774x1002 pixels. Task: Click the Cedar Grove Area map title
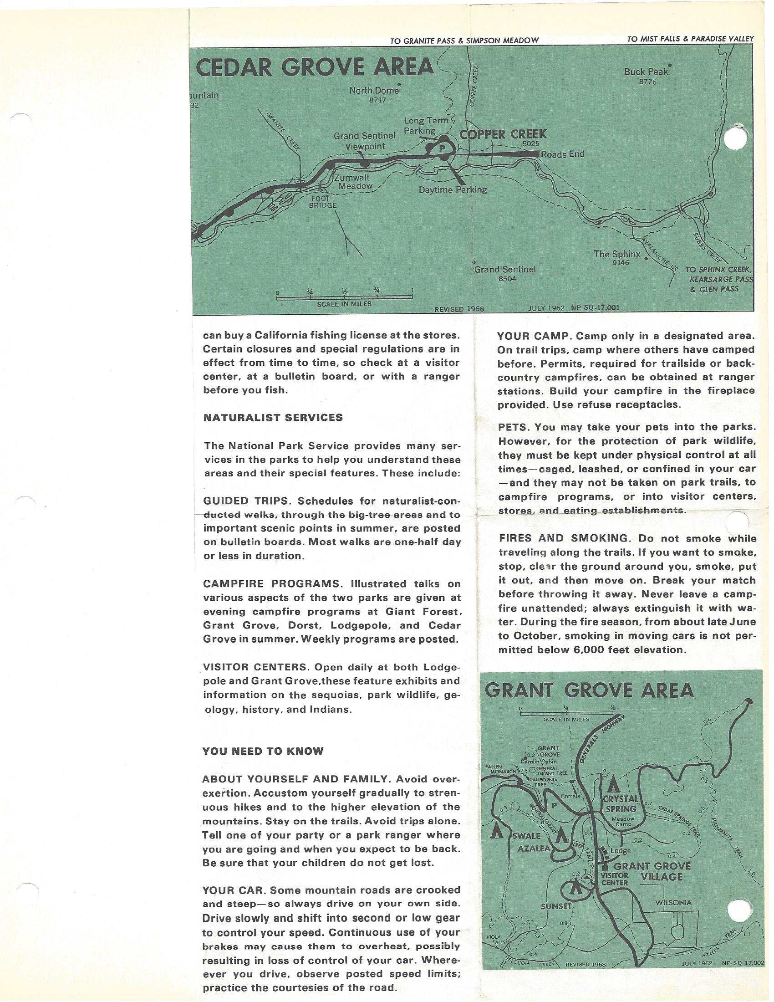[315, 67]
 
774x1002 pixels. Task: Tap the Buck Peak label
[646, 72]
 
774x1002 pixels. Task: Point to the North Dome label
[374, 91]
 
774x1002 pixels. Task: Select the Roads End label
[562, 154]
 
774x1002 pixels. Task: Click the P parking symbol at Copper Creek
[442, 148]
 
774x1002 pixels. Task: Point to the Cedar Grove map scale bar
[344, 297]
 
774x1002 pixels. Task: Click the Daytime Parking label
[453, 189]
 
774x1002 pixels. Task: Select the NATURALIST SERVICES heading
[273, 418]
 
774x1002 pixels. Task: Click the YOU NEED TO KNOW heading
[263, 751]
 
